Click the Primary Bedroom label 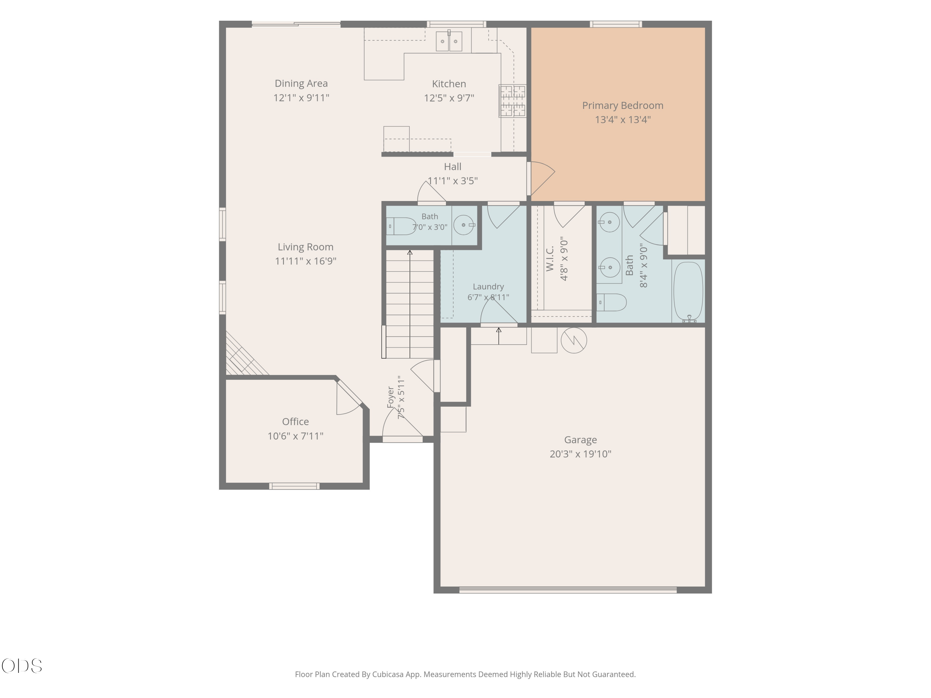coord(623,105)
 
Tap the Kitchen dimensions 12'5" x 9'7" coord(449,98)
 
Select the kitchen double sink coord(449,41)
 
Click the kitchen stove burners coord(512,101)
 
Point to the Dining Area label coord(301,84)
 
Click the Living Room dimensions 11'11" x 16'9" coord(306,261)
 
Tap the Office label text coord(295,422)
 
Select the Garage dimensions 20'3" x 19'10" coord(580,454)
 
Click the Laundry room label coord(488,287)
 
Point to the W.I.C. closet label coord(550,258)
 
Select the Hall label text coord(452,167)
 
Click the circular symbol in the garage coord(574,340)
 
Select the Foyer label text coord(391,397)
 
